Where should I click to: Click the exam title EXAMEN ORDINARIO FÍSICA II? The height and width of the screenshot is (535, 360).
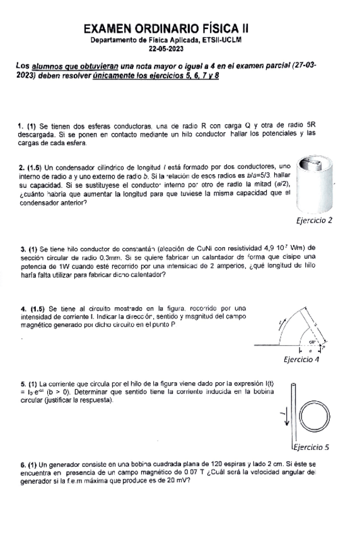[166, 28]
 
